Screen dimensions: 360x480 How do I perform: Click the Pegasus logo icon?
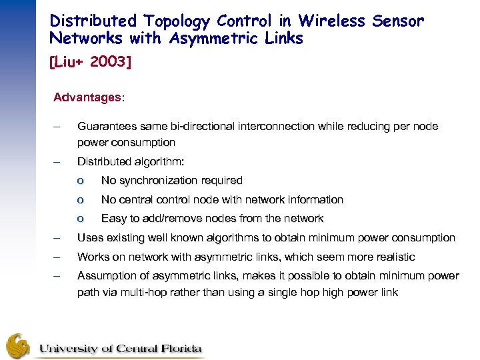click(19, 345)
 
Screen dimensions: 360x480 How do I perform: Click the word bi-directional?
click(193, 126)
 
